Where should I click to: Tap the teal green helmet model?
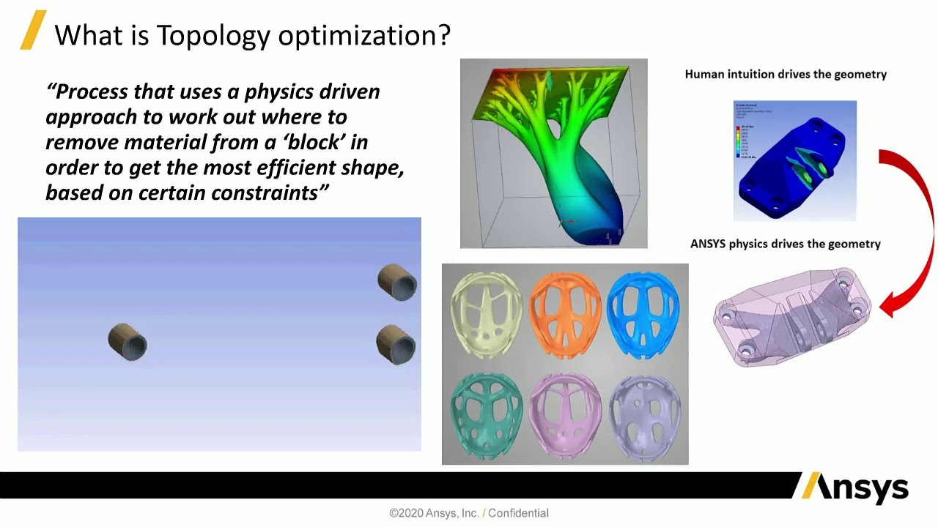pyautogui.click(x=487, y=413)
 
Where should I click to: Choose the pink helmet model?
pyautogui.click(x=565, y=413)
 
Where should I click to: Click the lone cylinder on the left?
pyautogui.click(x=128, y=342)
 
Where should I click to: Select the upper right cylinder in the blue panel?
pyautogui.click(x=397, y=283)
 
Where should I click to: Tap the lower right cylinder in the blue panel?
pyautogui.click(x=396, y=345)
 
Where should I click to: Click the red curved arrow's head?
pyautogui.click(x=889, y=304)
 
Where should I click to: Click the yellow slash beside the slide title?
pyautogui.click(x=33, y=30)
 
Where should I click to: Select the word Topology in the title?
pyautogui.click(x=213, y=34)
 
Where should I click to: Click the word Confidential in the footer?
pyautogui.click(x=518, y=513)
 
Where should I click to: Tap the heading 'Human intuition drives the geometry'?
pyautogui.click(x=786, y=74)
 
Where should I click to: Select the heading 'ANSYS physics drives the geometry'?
pyautogui.click(x=785, y=244)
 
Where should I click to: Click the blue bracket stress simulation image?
pyautogui.click(x=794, y=161)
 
